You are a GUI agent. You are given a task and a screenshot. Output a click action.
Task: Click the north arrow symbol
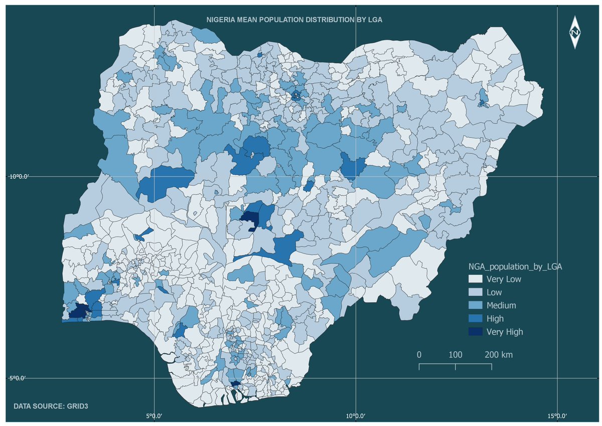point(575,33)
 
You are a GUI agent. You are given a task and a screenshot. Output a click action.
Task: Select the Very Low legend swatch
point(475,279)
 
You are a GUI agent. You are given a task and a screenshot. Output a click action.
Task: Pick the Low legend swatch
point(475,292)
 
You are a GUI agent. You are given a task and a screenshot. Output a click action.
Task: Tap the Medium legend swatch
point(475,305)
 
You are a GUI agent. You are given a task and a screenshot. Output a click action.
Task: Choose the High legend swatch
point(475,318)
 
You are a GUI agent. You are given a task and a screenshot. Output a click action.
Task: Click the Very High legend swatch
point(475,331)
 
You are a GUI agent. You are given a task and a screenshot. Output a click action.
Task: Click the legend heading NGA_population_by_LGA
point(515,266)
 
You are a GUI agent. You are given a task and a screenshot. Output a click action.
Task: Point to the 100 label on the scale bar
point(455,355)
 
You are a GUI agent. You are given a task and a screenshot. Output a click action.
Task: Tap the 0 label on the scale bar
point(419,355)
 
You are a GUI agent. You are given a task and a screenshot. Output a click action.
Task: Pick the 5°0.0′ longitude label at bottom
point(154,415)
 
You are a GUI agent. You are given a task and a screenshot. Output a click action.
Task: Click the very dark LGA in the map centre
point(249,218)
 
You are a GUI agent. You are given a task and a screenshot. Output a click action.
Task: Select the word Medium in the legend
point(501,305)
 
